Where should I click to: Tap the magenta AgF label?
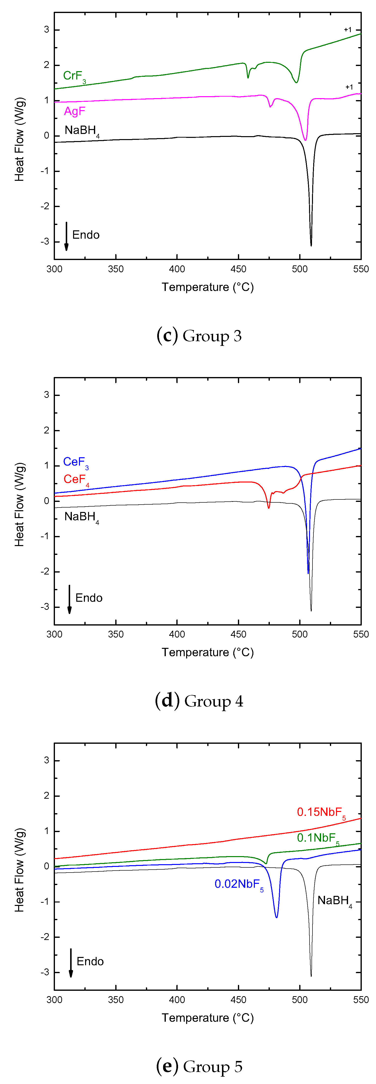point(75,112)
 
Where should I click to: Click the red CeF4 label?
point(76,480)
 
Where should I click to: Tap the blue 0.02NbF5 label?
point(238,884)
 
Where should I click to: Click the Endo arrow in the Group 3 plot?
point(66,236)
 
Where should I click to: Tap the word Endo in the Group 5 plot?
point(90,962)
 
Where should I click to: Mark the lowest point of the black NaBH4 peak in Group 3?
point(311,245)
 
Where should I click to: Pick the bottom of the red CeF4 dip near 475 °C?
point(269,508)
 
